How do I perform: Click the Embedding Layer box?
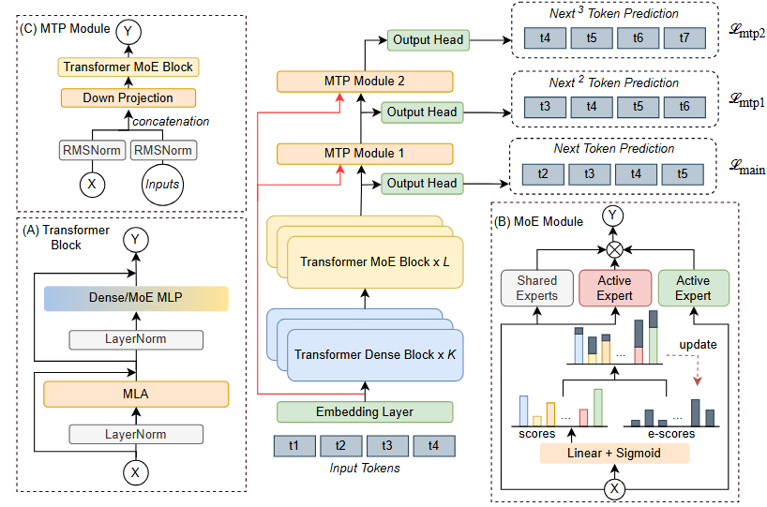tap(365, 411)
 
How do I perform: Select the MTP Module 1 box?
tap(365, 154)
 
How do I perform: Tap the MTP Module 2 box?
tap(365, 82)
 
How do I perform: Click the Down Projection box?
tap(128, 97)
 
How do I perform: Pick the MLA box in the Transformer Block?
tap(136, 394)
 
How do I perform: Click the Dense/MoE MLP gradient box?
tap(136, 299)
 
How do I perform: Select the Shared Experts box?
tap(537, 288)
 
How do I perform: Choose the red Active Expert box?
tap(614, 288)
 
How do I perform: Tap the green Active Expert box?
tap(693, 288)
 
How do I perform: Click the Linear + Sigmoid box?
tap(614, 454)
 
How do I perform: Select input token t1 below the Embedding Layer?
tap(294, 446)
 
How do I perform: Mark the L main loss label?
tap(746, 168)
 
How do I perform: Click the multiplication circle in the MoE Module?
tap(615, 249)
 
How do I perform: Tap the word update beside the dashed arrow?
tap(698, 345)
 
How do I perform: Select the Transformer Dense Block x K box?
tap(372, 355)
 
